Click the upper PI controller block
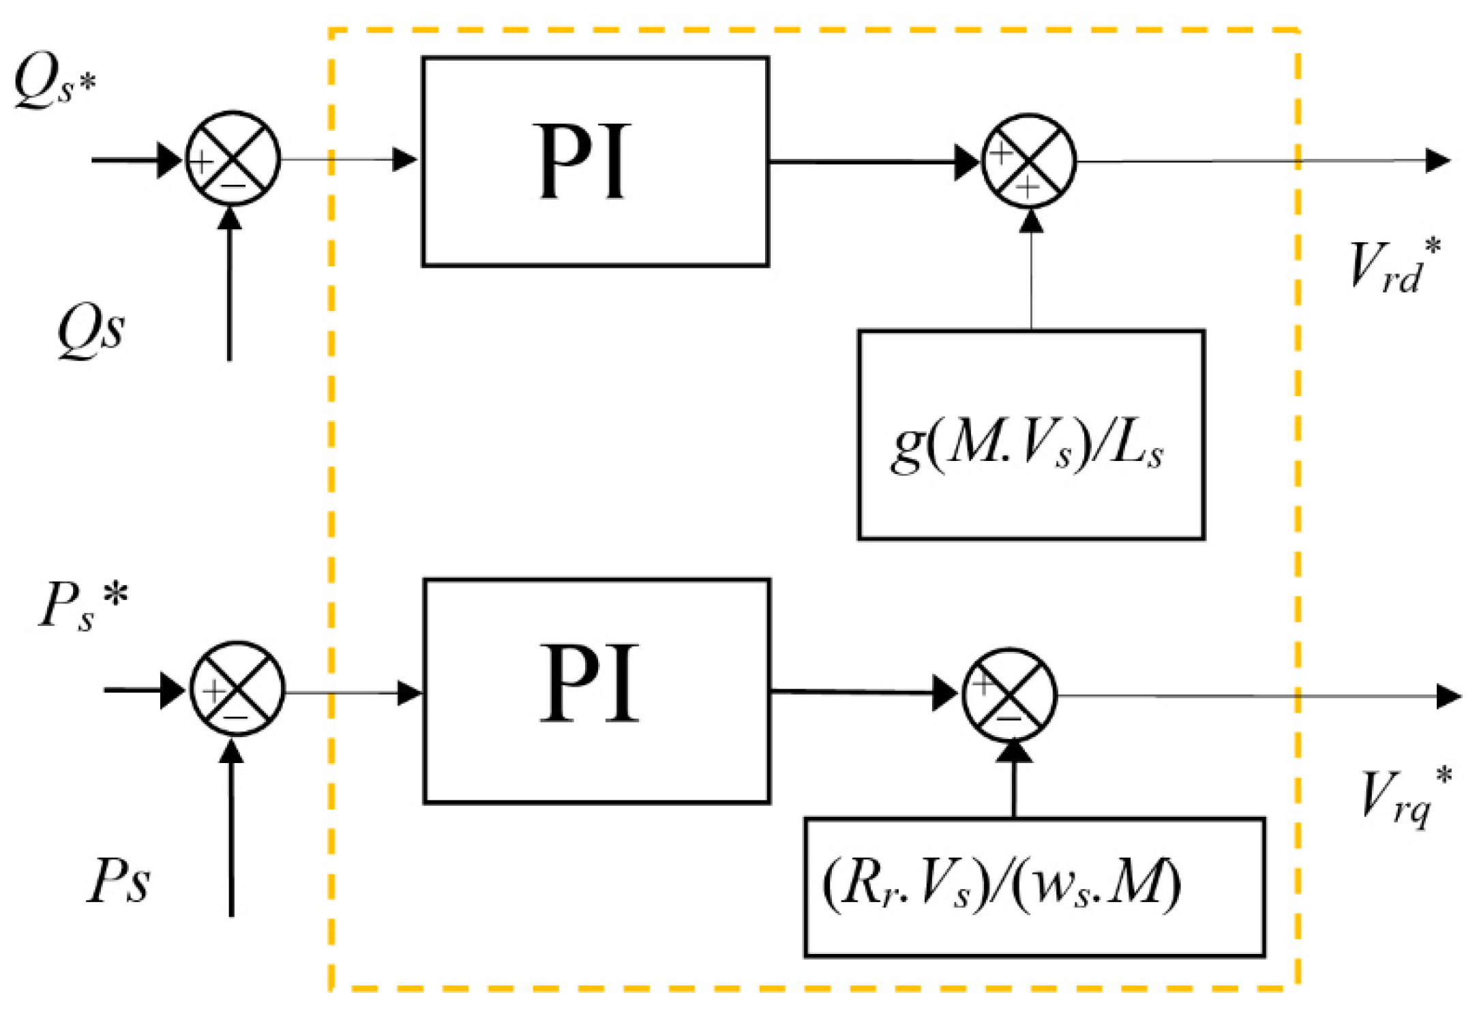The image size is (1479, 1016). click(x=595, y=162)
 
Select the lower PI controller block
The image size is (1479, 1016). click(x=597, y=691)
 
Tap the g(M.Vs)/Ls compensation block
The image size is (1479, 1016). click(x=1030, y=435)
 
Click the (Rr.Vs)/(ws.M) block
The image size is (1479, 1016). click(x=1034, y=887)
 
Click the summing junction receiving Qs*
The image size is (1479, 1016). click(x=233, y=158)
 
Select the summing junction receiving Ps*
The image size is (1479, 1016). click(x=237, y=689)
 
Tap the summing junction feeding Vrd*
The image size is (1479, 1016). click(x=1029, y=161)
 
